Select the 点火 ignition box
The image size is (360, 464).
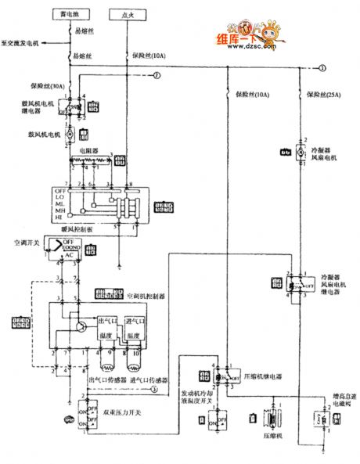pyautogui.click(x=127, y=15)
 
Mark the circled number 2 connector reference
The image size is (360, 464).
pyautogui.click(x=156, y=75)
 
